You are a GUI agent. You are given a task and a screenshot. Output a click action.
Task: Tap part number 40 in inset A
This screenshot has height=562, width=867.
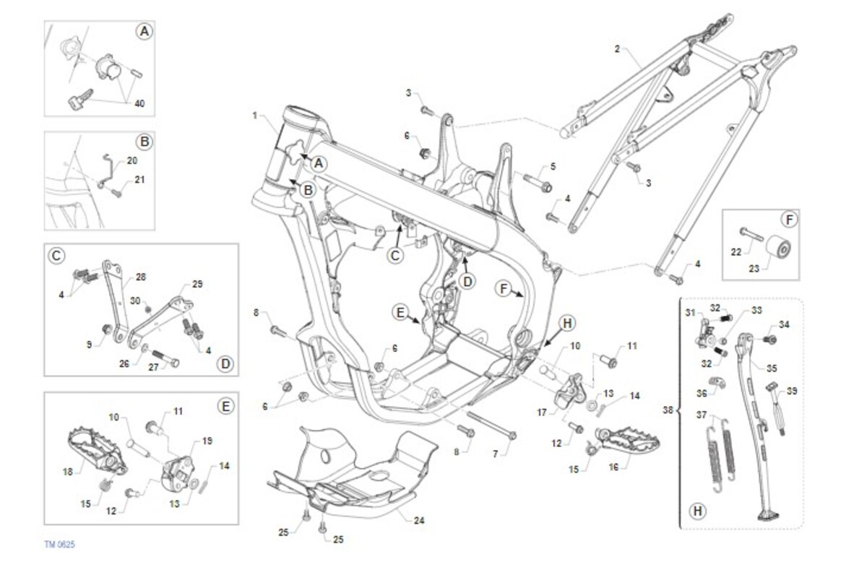click(139, 103)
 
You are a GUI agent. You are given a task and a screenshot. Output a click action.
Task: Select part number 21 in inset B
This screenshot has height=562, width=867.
click(139, 180)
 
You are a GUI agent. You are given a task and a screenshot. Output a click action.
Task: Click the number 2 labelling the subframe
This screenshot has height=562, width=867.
click(617, 49)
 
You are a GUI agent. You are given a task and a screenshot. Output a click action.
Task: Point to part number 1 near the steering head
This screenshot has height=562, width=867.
click(255, 116)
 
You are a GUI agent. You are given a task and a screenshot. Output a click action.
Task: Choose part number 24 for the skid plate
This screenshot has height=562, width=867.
click(420, 520)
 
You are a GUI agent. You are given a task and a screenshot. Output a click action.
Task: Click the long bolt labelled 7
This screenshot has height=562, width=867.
click(491, 426)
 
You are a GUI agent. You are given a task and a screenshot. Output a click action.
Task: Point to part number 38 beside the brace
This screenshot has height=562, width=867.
click(668, 410)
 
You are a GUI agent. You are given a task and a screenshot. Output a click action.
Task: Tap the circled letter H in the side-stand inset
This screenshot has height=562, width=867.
click(697, 511)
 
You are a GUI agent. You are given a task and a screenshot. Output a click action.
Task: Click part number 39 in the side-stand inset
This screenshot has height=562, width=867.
click(793, 391)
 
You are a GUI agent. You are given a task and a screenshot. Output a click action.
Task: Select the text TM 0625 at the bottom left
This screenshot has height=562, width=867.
click(59, 542)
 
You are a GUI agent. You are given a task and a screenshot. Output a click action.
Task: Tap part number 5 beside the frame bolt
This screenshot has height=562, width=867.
click(553, 166)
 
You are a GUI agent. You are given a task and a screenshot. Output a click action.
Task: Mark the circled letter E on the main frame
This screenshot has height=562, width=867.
click(400, 312)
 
